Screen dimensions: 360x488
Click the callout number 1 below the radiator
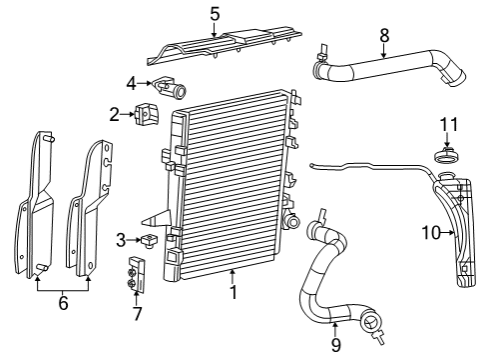click(233, 293)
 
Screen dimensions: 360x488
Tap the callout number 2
click(115, 114)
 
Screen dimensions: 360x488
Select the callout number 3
click(121, 239)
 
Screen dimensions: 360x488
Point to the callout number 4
click(132, 82)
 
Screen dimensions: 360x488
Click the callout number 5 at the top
click(215, 13)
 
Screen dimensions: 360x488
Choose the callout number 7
click(137, 313)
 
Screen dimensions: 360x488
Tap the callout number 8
click(384, 37)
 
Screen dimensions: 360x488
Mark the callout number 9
click(335, 345)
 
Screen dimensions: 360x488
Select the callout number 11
click(448, 124)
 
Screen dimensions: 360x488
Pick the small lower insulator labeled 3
click(152, 239)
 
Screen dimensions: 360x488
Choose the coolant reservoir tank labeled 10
click(455, 230)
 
